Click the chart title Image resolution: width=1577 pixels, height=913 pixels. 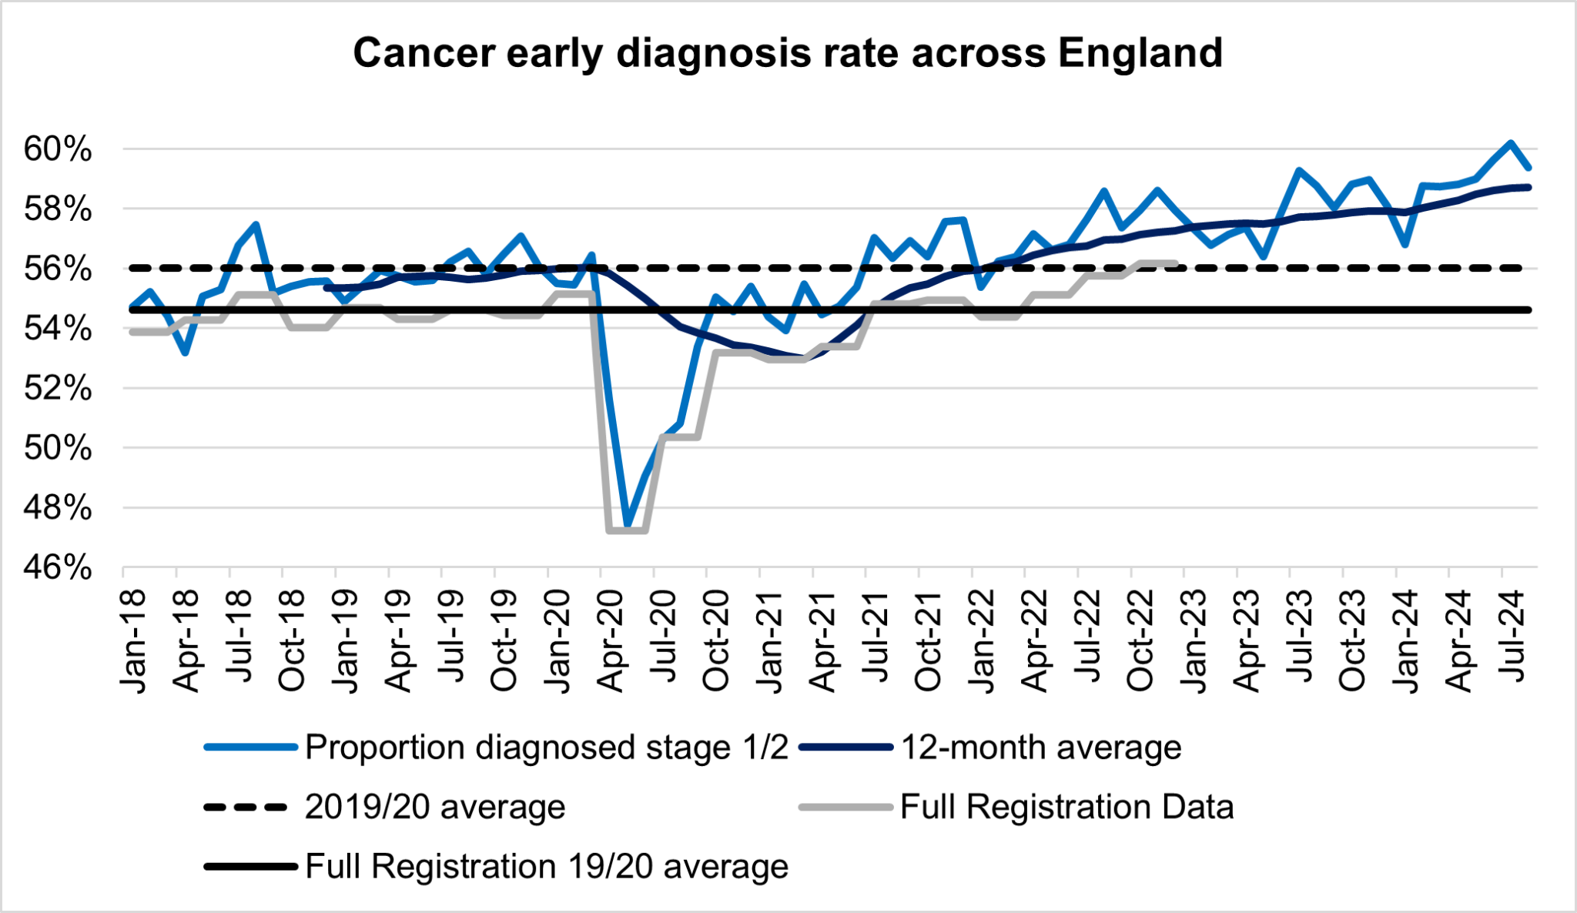pos(788,53)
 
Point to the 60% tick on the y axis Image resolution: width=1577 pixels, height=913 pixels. pos(58,149)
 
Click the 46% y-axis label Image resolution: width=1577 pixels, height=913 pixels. pos(58,568)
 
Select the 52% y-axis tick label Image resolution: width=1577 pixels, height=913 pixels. pos(58,389)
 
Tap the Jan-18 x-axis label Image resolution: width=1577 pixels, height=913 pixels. pos(134,642)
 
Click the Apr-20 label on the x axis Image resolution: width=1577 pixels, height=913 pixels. pos(611,642)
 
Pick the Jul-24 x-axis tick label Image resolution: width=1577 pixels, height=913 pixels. pos(1513,637)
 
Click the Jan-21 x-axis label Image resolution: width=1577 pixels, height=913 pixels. pos(771,642)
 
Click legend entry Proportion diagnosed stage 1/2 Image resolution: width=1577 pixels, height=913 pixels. pos(547,747)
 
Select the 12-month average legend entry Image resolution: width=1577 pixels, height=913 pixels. pos(1041,747)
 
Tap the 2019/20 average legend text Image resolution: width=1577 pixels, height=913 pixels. pos(435,807)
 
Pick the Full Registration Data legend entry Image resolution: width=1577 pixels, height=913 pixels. pos(1066,807)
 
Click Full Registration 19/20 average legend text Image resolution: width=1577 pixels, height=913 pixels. pos(547,866)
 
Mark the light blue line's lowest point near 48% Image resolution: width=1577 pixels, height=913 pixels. pos(628,526)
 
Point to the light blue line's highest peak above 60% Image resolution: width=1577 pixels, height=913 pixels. pos(1511,143)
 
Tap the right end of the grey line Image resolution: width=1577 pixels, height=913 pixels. pos(1176,263)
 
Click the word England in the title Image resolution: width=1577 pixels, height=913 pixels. pos(1140,53)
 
